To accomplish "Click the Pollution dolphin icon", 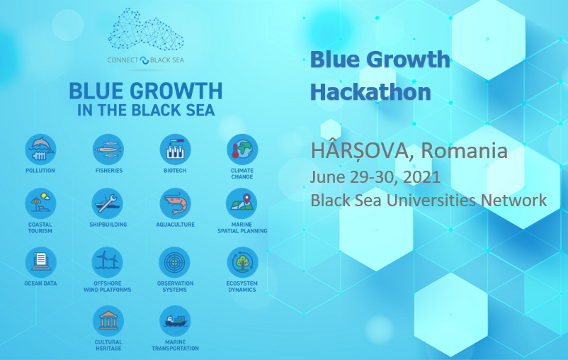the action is [x=40, y=150].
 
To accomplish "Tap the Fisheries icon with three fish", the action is [x=108, y=150].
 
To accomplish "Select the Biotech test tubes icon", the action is [x=176, y=150].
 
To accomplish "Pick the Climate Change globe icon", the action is [x=242, y=150].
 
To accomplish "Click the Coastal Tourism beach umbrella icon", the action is [x=40, y=203].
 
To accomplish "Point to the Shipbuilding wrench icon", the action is [x=108, y=203].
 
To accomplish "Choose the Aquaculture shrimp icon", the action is [x=176, y=203].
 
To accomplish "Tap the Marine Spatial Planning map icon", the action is [x=242, y=203].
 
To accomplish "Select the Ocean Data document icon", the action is [x=41, y=262].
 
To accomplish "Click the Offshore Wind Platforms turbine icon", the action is [x=107, y=262].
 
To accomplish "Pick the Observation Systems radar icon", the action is [x=175, y=262].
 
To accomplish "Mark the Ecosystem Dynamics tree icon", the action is [x=243, y=262].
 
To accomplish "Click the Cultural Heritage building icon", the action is [x=108, y=321].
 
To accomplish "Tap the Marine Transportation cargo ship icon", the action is [x=176, y=321].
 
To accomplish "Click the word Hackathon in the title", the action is [x=370, y=92].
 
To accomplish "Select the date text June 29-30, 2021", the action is [x=375, y=177].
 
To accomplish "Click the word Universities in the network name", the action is [x=431, y=200].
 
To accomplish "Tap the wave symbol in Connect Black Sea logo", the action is [x=144, y=60].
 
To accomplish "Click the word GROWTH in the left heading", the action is [x=176, y=91].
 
